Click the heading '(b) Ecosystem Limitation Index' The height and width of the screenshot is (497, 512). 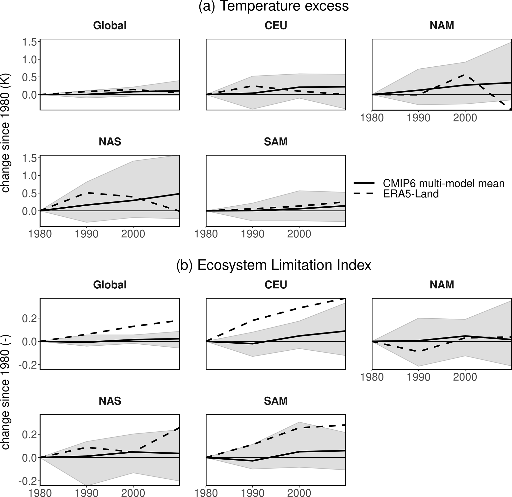(273, 265)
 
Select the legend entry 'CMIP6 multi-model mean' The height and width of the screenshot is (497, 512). (444, 183)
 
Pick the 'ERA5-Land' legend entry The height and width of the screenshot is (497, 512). (411, 194)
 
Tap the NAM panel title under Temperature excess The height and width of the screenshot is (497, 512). (442, 26)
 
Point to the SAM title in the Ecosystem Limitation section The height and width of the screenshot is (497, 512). (276, 401)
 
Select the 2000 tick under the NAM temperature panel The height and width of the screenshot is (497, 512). (465, 118)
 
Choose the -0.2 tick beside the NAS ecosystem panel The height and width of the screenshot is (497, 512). (28, 481)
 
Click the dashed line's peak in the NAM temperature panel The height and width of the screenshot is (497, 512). (464, 75)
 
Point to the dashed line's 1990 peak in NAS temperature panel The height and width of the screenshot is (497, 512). (87, 193)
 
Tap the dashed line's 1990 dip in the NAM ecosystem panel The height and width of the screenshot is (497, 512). (418, 351)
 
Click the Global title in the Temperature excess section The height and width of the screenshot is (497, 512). (110, 26)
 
